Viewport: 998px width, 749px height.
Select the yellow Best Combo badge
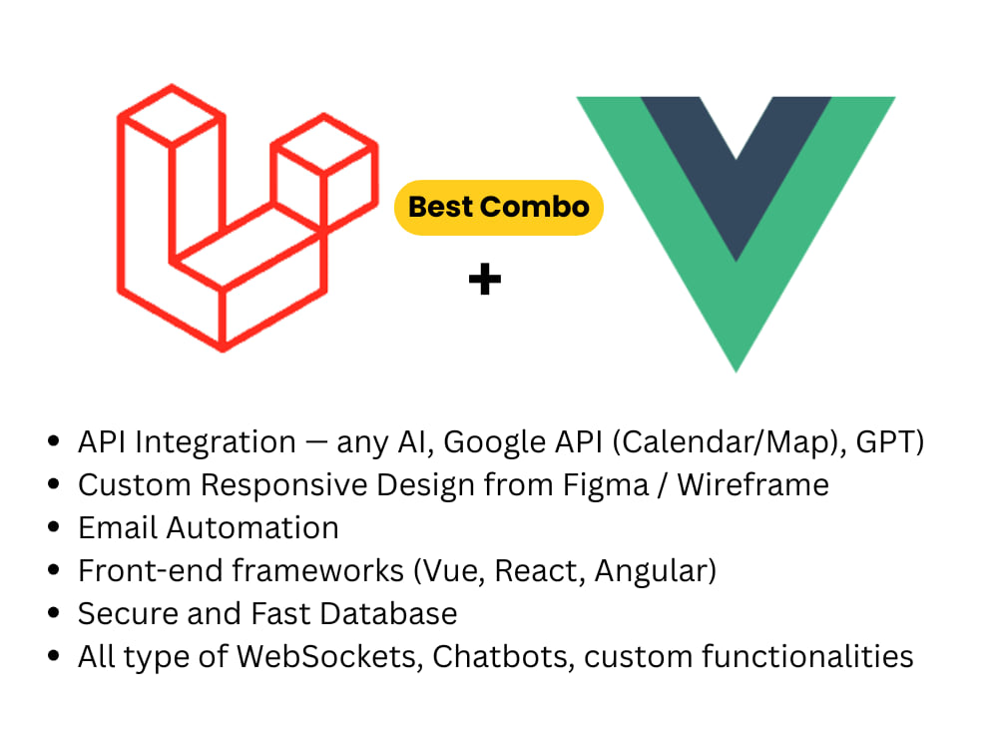(499, 208)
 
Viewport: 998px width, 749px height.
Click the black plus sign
(485, 279)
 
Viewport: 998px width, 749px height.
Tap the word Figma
(606, 486)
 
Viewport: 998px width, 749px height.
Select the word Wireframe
(752, 485)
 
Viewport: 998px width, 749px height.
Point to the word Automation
(252, 528)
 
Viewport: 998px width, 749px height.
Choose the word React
(540, 570)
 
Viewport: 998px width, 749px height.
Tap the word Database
(388, 614)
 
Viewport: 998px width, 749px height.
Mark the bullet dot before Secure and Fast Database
(54, 613)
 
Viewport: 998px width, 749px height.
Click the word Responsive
(283, 486)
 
